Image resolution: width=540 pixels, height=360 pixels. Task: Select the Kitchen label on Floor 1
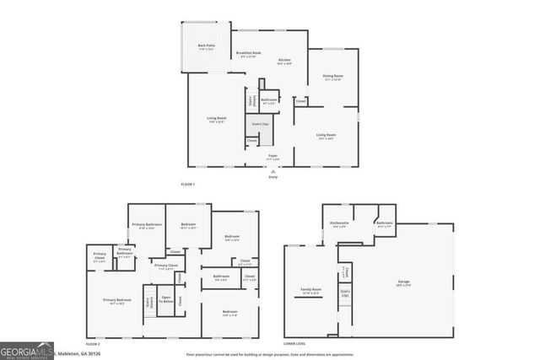tap(284, 61)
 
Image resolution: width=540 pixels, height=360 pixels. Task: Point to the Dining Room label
tap(332, 77)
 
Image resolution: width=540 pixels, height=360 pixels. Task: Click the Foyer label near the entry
tap(273, 156)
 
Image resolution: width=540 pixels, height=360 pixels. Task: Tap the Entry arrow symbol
tap(273, 171)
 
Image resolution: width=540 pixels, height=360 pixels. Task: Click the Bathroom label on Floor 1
tap(269, 100)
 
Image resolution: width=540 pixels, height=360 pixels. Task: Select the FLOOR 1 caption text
tap(188, 184)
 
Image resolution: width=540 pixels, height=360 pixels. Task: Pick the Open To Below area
tap(166, 300)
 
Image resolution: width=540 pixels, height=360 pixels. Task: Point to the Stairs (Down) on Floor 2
tap(150, 302)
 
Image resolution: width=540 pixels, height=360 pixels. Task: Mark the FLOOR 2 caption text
tap(93, 346)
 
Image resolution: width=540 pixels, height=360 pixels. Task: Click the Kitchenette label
tap(339, 224)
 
